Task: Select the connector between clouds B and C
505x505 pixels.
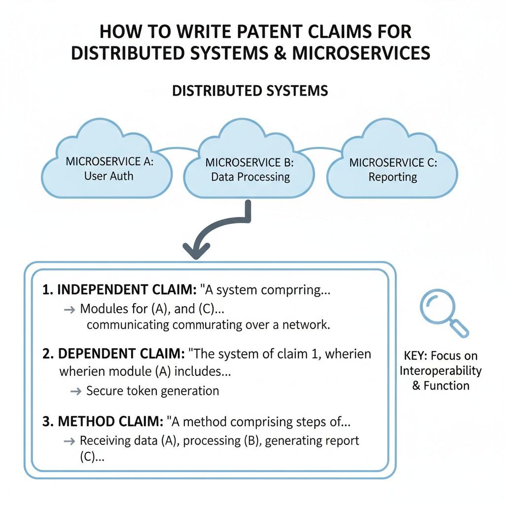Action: click(321, 149)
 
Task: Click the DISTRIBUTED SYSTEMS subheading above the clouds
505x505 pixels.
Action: click(250, 91)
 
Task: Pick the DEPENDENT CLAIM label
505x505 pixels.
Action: click(121, 354)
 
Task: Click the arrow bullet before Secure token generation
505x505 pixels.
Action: click(75, 391)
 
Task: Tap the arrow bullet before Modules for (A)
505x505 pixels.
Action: click(70, 309)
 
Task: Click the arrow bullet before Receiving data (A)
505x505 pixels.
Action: click(70, 441)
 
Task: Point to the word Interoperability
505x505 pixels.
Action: click(440, 370)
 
